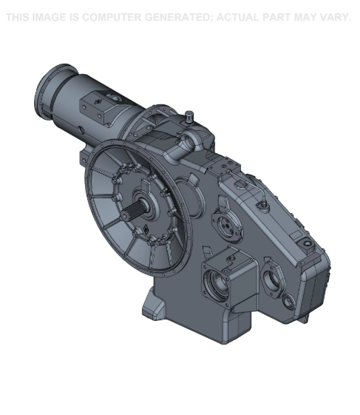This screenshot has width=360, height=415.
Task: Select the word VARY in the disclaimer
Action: click(333, 17)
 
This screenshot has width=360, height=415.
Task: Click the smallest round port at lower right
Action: click(288, 301)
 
